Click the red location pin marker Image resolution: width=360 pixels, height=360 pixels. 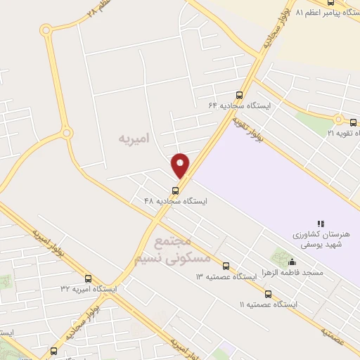(180, 165)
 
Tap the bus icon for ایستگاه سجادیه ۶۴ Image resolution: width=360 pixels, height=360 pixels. (239, 95)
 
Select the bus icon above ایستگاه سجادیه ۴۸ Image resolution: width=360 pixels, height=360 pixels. (175, 190)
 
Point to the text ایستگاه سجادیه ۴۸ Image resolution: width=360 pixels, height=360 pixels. (176, 201)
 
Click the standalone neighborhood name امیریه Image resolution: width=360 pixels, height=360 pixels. (131, 139)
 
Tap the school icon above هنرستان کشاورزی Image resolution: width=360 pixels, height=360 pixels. (321, 223)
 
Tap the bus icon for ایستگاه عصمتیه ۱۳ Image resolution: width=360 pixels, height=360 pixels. (226, 266)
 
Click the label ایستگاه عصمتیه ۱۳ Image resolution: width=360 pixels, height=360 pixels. (226, 277)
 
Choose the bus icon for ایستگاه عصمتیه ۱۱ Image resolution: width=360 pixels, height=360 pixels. (267, 294)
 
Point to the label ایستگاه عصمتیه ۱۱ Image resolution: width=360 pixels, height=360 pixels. (268, 304)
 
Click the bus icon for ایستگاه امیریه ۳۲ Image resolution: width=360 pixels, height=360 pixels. (88, 278)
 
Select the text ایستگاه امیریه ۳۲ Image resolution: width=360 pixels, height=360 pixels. (89, 289)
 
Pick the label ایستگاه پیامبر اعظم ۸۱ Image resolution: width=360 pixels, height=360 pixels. (328, 13)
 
